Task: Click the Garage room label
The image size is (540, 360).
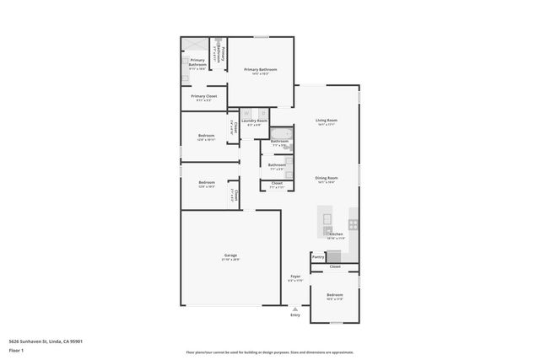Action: (230, 255)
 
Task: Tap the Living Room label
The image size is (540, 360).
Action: (327, 121)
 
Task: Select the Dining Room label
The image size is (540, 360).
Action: (327, 178)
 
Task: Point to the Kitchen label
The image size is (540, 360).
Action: (336, 234)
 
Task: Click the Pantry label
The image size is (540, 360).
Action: (318, 256)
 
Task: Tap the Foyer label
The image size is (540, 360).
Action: (295, 277)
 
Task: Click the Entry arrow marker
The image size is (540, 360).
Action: (295, 307)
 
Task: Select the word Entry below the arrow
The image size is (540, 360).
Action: (295, 314)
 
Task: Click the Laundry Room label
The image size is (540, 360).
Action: (254, 121)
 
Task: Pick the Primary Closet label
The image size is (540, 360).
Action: (203, 97)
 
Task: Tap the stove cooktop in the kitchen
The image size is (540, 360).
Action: (354, 224)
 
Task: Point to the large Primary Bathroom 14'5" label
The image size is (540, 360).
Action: (261, 69)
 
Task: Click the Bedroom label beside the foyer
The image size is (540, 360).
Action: (335, 295)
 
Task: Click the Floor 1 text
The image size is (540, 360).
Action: (16, 349)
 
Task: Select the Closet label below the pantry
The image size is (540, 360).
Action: (335, 266)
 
